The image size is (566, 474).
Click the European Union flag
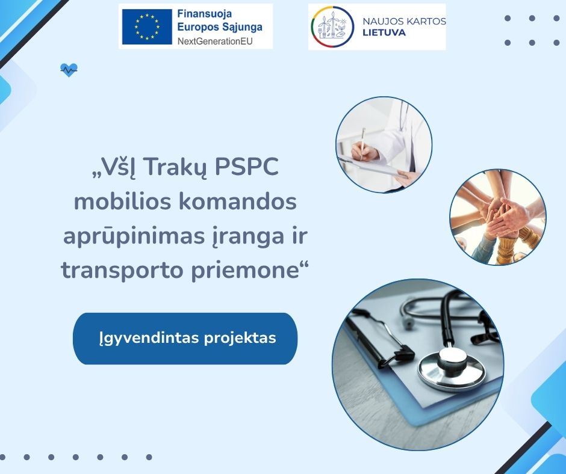tap(147, 26)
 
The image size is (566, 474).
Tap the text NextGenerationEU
tap(215, 41)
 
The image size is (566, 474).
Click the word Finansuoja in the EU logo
tap(204, 14)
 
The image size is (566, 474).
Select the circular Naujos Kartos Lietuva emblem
tap(332, 27)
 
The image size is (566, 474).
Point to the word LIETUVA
tap(384, 32)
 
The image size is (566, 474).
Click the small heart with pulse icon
tap(69, 70)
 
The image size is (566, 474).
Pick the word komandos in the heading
tap(238, 202)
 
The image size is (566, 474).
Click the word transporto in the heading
tap(122, 271)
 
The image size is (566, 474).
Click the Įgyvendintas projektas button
tap(185, 339)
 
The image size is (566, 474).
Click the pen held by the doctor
tap(362, 143)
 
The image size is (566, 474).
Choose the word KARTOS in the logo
tap(426, 21)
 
